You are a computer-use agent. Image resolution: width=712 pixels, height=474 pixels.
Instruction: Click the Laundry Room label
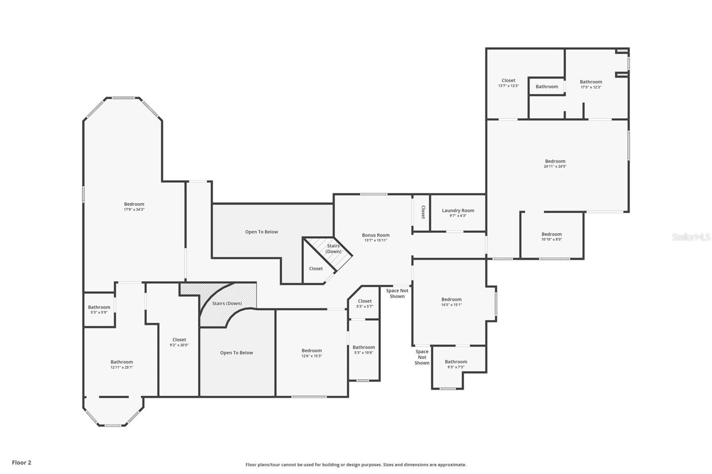[458, 211]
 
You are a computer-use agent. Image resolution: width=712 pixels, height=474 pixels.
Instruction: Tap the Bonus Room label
[376, 235]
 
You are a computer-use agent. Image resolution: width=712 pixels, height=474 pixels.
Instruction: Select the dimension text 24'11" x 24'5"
[555, 167]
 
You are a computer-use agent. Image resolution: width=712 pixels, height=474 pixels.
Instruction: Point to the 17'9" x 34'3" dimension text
[134, 209]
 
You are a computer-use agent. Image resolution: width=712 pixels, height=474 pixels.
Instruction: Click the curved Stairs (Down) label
[227, 304]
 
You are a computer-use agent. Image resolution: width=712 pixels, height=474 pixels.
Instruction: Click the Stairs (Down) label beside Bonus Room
[333, 249]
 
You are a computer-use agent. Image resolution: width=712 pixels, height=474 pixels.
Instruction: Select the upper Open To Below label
[261, 232]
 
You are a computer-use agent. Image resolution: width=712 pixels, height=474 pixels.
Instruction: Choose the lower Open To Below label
[236, 353]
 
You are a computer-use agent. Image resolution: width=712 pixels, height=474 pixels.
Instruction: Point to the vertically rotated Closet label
[423, 212]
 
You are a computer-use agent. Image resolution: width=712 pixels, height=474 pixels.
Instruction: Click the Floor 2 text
[21, 462]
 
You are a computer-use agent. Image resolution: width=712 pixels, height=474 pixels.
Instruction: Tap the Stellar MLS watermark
[691, 237]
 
